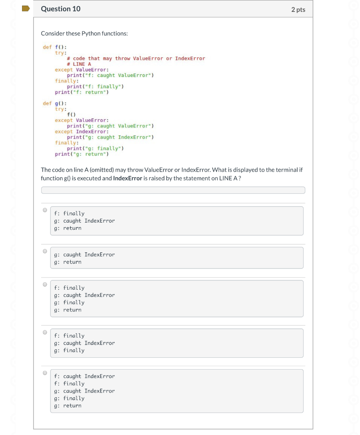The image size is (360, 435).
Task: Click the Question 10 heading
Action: click(x=61, y=9)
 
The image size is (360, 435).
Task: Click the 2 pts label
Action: click(x=298, y=9)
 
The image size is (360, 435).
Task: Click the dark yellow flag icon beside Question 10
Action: click(x=26, y=8)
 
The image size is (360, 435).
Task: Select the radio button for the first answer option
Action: click(x=45, y=210)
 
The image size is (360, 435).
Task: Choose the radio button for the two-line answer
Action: click(x=45, y=251)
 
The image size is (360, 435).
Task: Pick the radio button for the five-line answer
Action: click(x=45, y=373)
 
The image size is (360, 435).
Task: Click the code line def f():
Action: click(x=55, y=47)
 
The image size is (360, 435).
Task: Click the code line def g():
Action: click(x=55, y=103)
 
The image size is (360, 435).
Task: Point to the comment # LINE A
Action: click(x=79, y=64)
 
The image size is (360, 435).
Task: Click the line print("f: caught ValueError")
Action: click(x=110, y=75)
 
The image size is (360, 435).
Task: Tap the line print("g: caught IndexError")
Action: click(x=110, y=137)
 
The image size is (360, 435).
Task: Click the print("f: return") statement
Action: click(x=82, y=92)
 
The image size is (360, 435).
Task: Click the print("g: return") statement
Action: click(x=82, y=154)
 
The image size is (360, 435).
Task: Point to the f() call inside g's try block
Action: click(x=71, y=115)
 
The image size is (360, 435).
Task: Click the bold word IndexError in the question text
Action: click(x=128, y=178)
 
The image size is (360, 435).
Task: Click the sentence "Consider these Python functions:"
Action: click(x=84, y=33)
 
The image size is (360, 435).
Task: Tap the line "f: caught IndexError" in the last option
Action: click(x=84, y=376)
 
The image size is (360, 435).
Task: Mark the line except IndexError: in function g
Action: click(x=82, y=132)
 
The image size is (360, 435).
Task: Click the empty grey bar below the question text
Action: click(x=173, y=190)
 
